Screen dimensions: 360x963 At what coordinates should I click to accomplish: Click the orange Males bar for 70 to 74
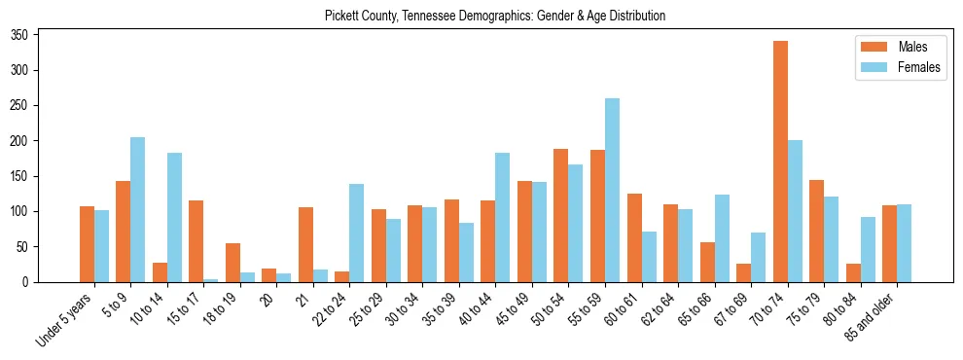pyautogui.click(x=780, y=162)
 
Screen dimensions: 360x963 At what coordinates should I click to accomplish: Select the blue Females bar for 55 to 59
pyautogui.click(x=612, y=190)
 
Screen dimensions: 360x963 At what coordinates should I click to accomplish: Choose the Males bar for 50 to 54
pyautogui.click(x=561, y=215)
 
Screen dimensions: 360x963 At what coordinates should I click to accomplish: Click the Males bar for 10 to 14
pyautogui.click(x=160, y=272)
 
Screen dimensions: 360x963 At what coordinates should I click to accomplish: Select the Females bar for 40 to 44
pyautogui.click(x=503, y=217)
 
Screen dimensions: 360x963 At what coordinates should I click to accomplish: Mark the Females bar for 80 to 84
pyautogui.click(x=868, y=249)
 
